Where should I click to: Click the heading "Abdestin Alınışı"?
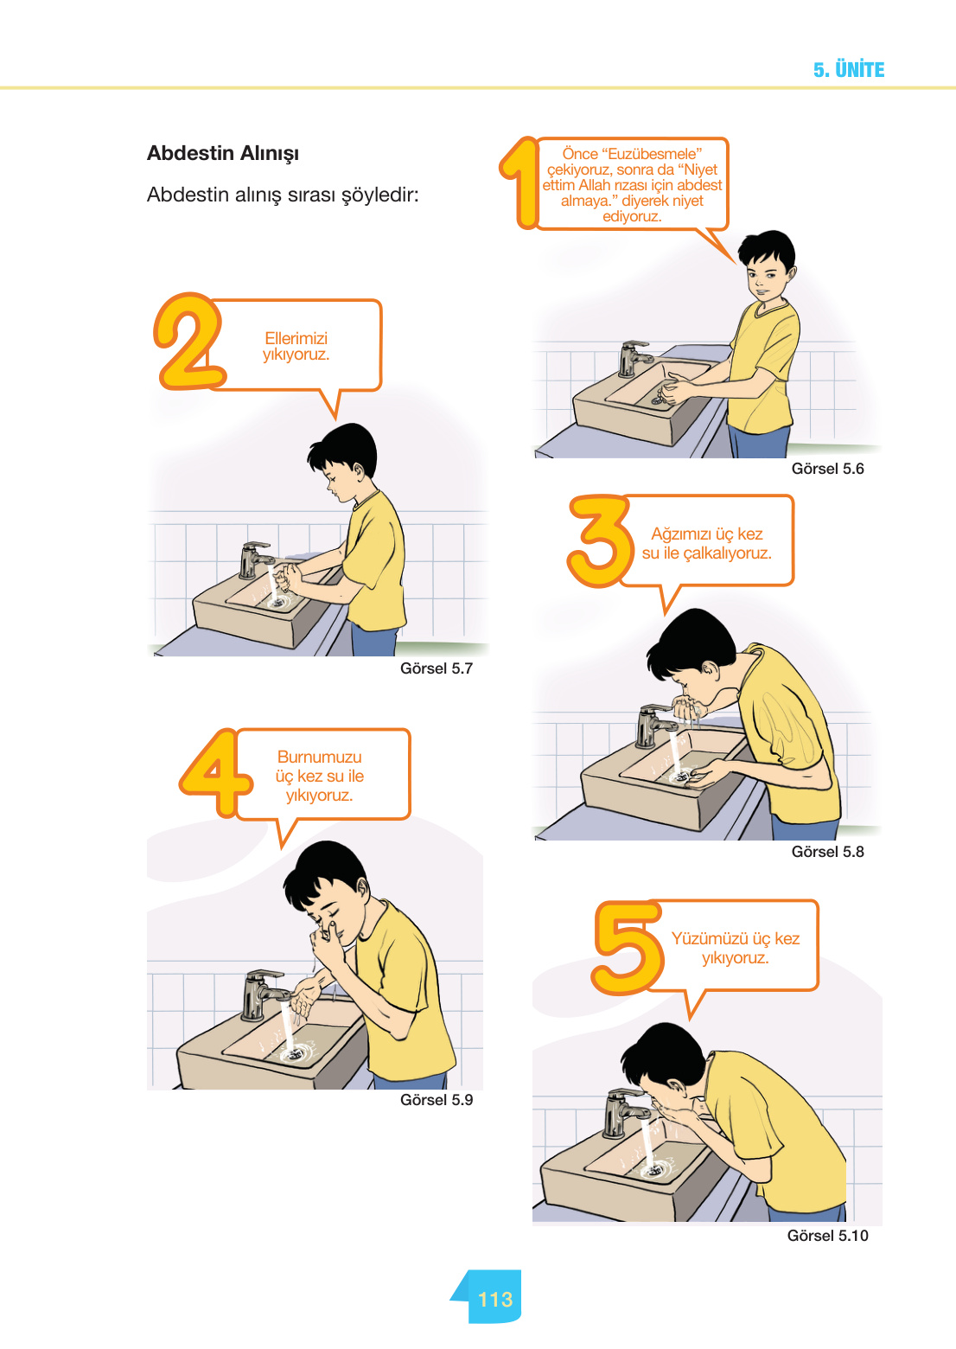coord(223,154)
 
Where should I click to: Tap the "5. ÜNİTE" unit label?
coord(849,70)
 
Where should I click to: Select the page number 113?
coord(495,1299)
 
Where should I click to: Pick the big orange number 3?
coord(600,540)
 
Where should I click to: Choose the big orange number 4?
coord(215,773)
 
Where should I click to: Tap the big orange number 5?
coord(628,946)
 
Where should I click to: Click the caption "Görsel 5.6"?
coord(827,469)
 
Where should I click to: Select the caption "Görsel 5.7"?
coord(437,668)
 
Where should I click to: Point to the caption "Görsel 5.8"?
coord(827,852)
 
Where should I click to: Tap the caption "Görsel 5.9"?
coord(437,1100)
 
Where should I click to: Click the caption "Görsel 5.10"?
coord(827,1236)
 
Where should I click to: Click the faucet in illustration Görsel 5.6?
coord(634,359)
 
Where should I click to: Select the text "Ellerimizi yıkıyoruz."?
coord(296,346)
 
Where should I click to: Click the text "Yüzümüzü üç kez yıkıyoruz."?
coord(735,948)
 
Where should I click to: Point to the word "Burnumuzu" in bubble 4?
coord(320,757)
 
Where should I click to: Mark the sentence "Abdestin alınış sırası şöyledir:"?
coord(283,195)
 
